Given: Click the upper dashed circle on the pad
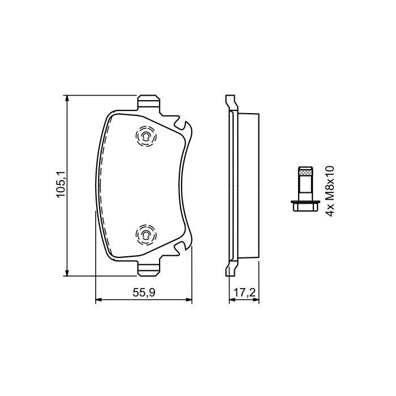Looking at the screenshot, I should [145, 137].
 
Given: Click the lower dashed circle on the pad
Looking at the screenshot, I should [145, 235].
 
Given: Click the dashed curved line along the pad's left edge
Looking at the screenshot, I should [101, 187].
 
